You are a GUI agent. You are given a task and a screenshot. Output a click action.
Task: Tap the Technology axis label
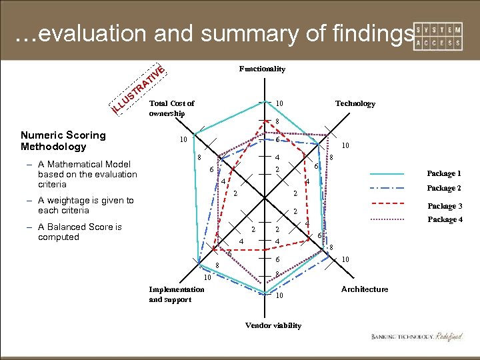coord(355,103)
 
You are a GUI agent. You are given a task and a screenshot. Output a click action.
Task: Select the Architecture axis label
coord(364,289)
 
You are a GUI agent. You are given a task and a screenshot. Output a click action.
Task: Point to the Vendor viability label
coord(273,325)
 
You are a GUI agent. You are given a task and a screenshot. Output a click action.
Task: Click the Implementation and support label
coord(177,294)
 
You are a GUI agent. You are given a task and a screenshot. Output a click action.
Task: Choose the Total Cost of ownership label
coord(171,108)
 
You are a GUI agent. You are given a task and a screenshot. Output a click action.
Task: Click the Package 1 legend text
coord(444,173)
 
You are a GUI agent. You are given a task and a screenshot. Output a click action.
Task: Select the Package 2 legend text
coord(444,188)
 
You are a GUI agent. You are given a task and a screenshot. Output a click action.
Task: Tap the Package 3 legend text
coord(444,206)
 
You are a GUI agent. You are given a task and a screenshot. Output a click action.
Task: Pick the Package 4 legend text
coord(444,219)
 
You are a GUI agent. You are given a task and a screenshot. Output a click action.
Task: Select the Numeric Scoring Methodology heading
coord(63,141)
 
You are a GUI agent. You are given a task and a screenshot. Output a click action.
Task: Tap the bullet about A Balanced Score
coord(80,231)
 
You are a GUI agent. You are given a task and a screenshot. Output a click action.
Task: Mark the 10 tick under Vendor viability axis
coord(280,295)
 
